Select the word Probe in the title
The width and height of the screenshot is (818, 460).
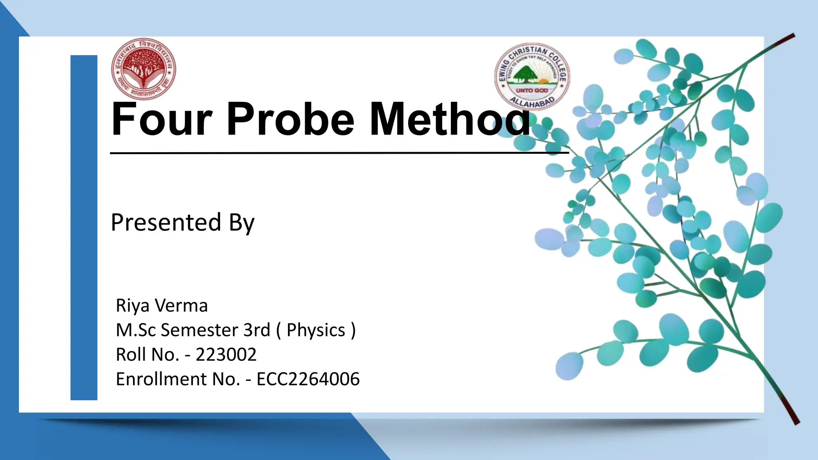tap(290, 119)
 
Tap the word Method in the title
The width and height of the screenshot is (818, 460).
tap(449, 119)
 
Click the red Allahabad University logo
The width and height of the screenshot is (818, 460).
tap(143, 69)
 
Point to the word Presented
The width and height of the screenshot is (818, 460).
tap(166, 222)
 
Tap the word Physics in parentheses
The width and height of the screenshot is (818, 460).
tap(316, 330)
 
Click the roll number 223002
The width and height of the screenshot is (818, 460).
tap(226, 355)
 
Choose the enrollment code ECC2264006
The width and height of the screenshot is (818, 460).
tap(308, 379)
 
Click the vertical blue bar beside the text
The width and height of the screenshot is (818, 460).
tap(84, 228)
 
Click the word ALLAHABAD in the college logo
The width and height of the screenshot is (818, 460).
tap(532, 102)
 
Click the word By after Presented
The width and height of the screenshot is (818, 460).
tap(241, 223)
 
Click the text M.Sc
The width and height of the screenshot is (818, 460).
tap(136, 330)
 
